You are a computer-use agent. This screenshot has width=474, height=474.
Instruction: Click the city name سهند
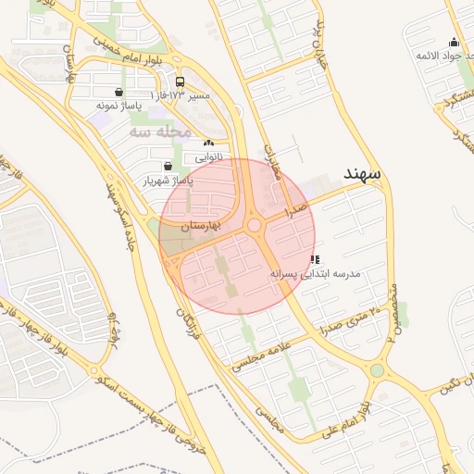[x=365, y=174]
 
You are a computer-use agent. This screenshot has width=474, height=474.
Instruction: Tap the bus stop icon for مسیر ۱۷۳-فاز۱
[x=179, y=81]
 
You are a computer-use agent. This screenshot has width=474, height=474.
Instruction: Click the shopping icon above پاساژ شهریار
[x=167, y=166]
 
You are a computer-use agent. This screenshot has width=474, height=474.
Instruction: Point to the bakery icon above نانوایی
[x=208, y=143]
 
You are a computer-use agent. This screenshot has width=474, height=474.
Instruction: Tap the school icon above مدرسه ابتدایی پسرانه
[x=316, y=260]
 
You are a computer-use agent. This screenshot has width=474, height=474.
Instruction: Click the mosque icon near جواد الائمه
[x=454, y=42]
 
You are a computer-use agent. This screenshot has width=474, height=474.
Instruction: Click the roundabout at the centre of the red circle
[x=254, y=226]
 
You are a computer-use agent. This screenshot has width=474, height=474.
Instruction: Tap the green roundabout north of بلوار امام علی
[x=377, y=371]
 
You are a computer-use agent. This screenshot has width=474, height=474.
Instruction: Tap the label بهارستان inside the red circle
[x=199, y=225]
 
